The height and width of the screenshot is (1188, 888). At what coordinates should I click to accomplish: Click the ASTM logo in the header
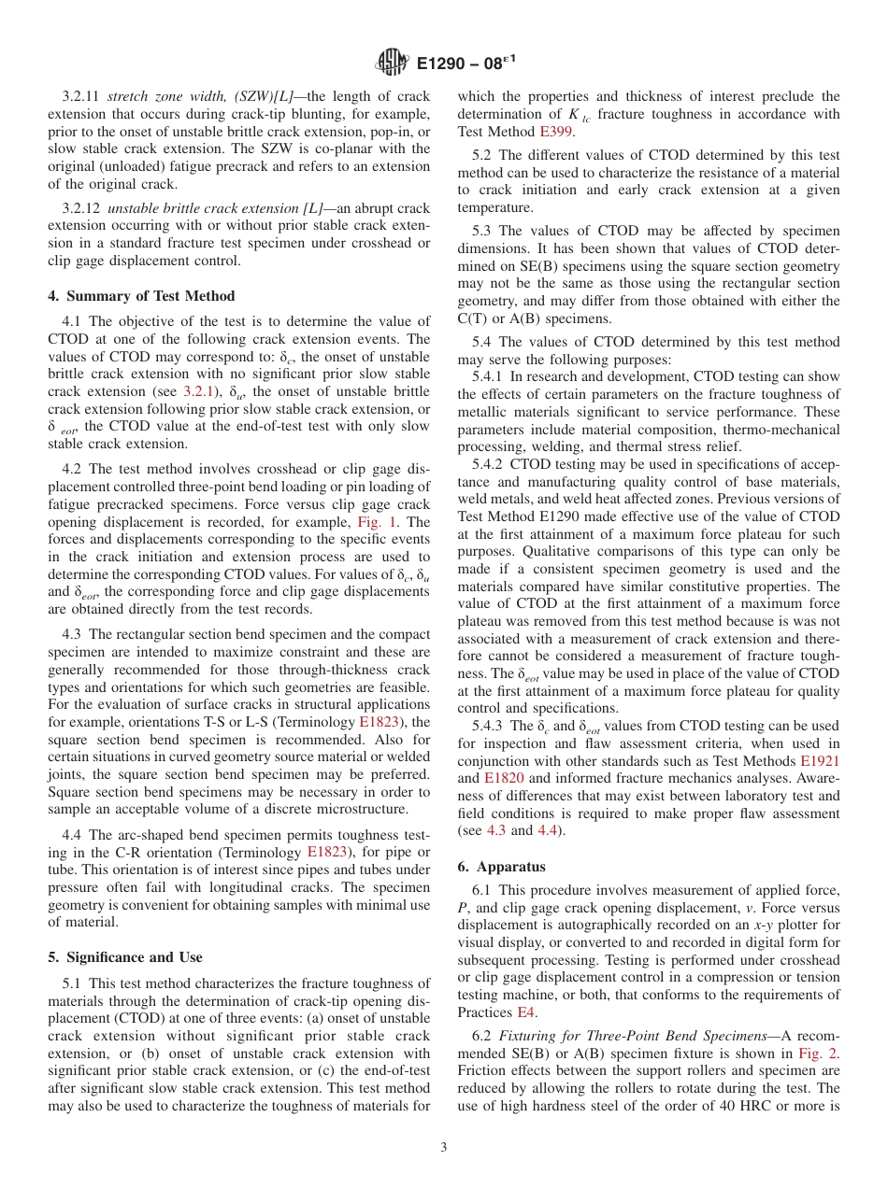392,63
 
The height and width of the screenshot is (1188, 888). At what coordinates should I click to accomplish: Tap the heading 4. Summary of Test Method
141,296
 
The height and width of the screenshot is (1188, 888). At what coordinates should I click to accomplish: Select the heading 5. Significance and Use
124,957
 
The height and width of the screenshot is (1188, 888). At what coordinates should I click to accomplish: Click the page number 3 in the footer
444,1148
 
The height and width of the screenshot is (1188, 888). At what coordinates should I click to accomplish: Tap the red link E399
558,132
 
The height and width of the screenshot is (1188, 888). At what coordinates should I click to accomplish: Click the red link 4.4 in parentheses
551,830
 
